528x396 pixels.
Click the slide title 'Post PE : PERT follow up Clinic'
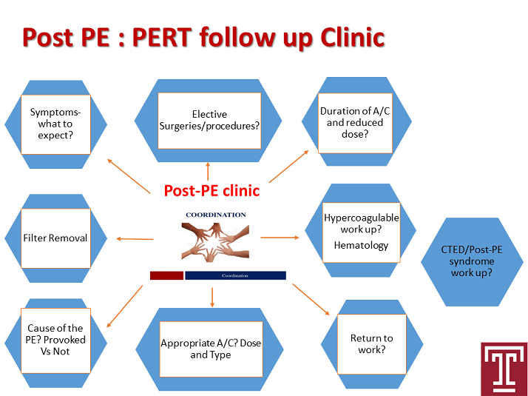[203, 36]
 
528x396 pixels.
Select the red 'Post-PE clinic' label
[211, 191]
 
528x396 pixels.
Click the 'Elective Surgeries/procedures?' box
[209, 120]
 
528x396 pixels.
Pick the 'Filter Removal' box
[56, 238]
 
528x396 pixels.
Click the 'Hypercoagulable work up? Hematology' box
[361, 231]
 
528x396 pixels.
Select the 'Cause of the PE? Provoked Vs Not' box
[56, 340]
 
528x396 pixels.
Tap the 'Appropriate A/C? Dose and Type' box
[210, 349]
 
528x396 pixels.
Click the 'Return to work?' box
[371, 343]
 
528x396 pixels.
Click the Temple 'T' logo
[504, 365]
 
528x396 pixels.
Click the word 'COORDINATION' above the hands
[215, 215]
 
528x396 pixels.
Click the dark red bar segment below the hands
[166, 275]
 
